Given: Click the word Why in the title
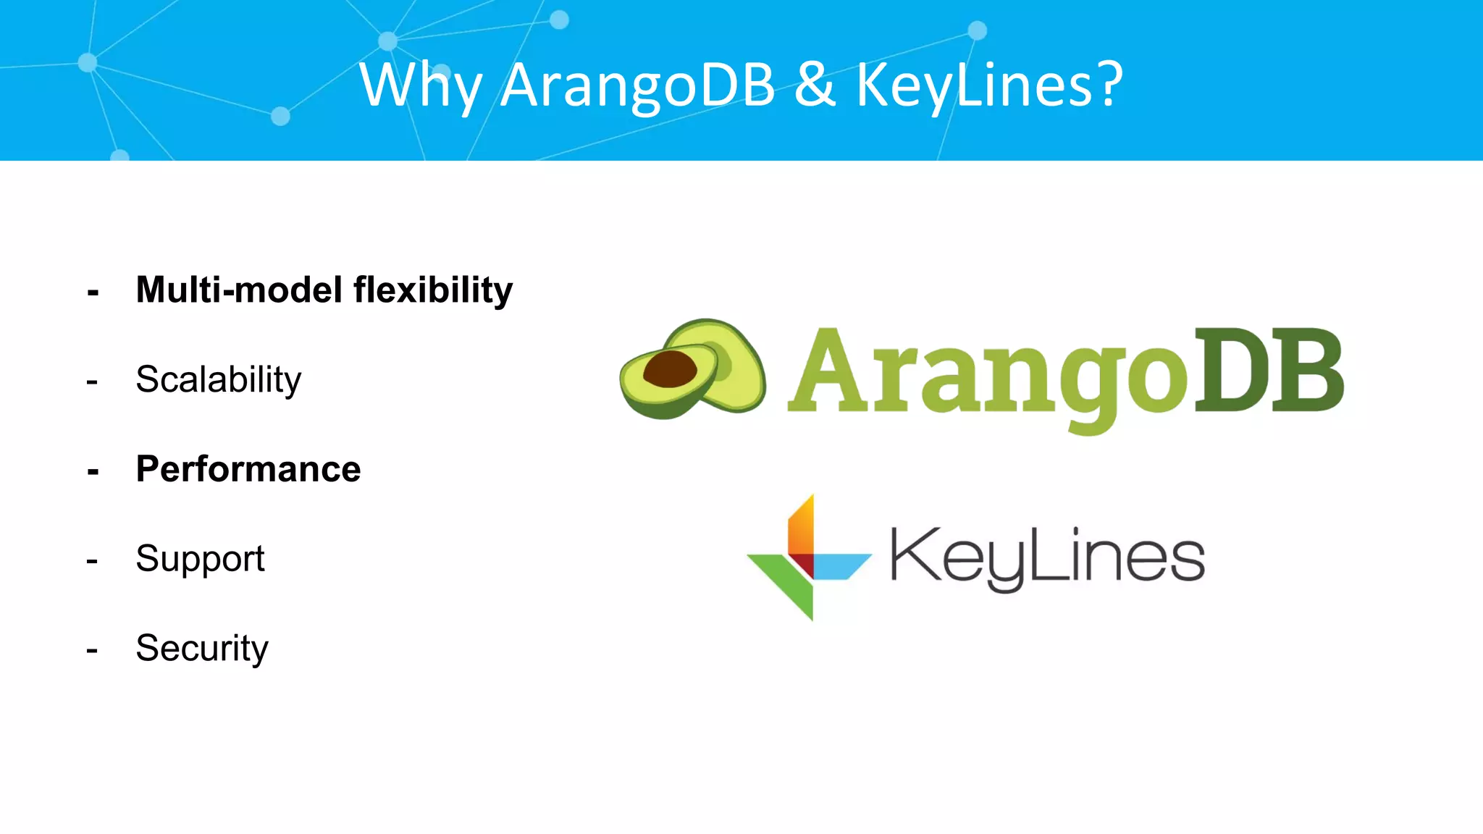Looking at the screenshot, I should (420, 85).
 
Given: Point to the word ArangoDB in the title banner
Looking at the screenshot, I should (638, 85).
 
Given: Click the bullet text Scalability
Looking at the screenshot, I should (218, 379).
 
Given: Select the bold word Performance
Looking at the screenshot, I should (248, 468).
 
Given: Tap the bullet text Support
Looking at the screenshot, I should (200, 559).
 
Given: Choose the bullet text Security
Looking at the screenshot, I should (202, 648).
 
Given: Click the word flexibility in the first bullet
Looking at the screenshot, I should (433, 290).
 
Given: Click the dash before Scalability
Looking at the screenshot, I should (92, 382).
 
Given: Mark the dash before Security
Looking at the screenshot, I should (92, 650).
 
